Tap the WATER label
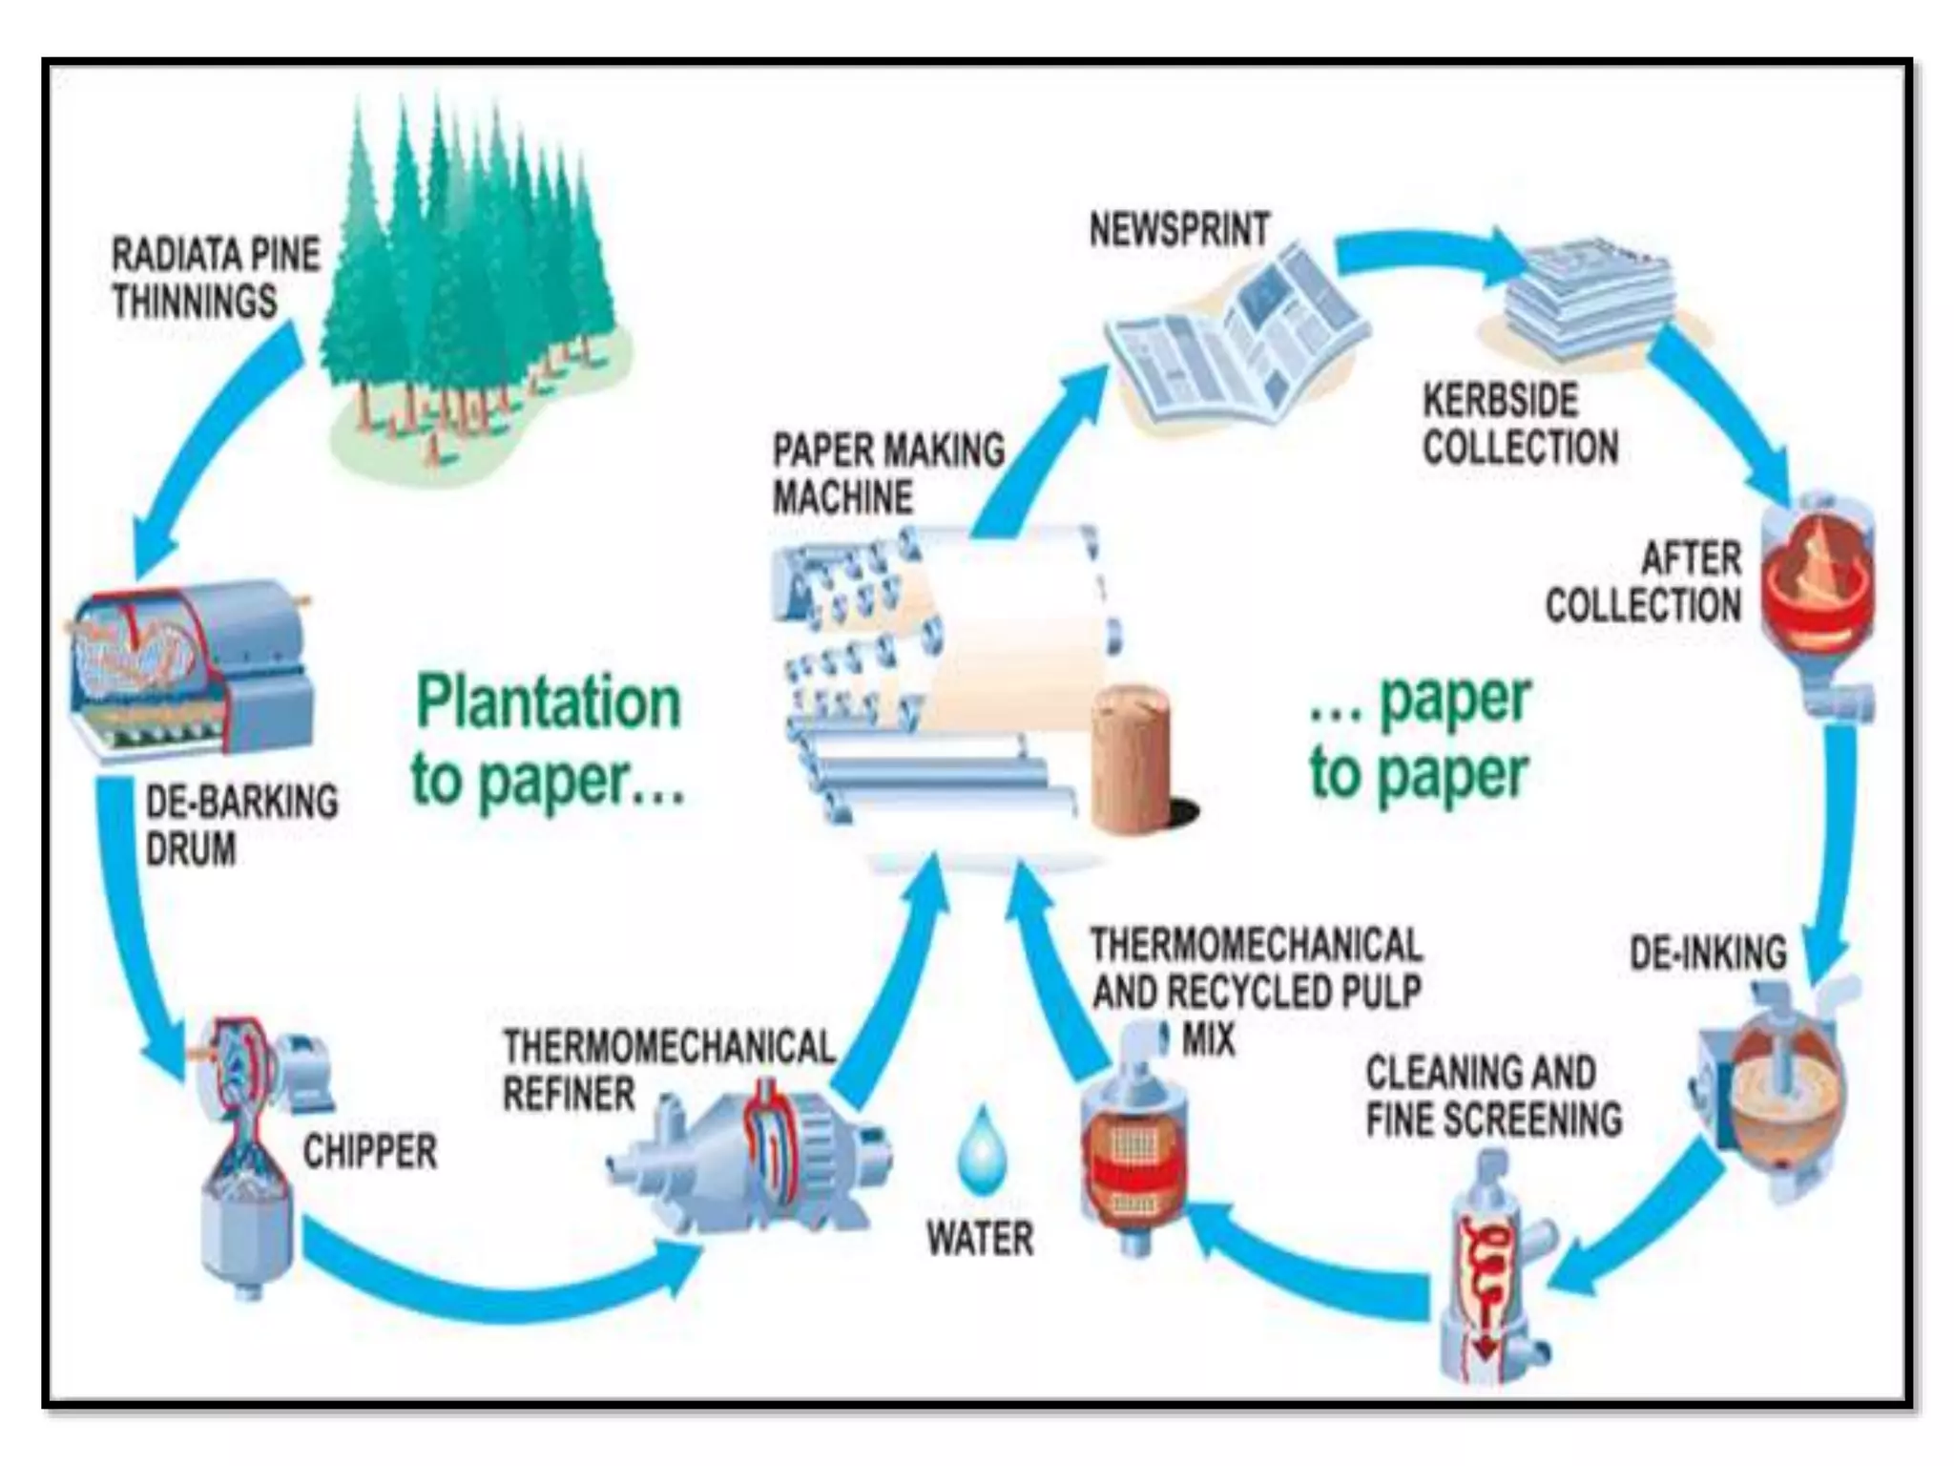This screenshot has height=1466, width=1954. point(980,1239)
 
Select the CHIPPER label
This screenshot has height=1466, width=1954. point(370,1152)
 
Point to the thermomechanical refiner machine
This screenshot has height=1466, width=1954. point(754,1156)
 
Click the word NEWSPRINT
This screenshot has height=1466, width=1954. point(1179,230)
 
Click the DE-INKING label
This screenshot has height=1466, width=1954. point(1708,953)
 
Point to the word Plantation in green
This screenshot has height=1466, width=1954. point(549,703)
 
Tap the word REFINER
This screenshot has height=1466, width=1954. point(569,1094)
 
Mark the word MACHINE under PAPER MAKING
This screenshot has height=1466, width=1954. point(842,497)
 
